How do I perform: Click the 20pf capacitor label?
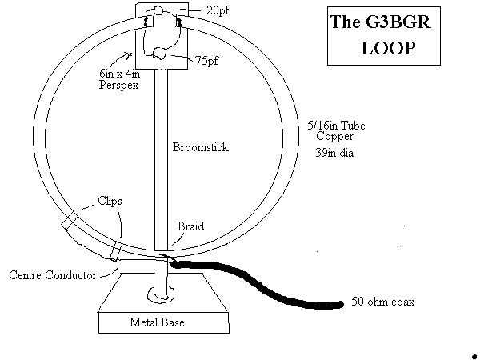[x=218, y=10]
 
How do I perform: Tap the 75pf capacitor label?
[x=207, y=61]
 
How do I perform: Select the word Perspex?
[x=118, y=85]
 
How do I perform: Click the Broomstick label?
[x=201, y=147]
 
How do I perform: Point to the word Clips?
[x=110, y=201]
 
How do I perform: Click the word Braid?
[x=190, y=226]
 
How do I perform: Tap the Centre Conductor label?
[x=53, y=275]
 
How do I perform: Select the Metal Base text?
[x=157, y=322]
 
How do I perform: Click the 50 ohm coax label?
[x=383, y=302]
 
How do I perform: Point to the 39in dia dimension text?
[x=334, y=153]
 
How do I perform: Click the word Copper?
[x=334, y=136]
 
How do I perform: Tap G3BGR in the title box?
[x=398, y=22]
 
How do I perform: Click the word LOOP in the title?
[x=389, y=48]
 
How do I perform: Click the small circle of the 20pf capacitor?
[x=158, y=10]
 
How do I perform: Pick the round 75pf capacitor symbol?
[x=159, y=53]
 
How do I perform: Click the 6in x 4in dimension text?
[x=120, y=74]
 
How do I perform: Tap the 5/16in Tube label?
[x=336, y=126]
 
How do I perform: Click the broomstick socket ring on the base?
[x=161, y=294]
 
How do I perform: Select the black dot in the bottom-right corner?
[x=474, y=354]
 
